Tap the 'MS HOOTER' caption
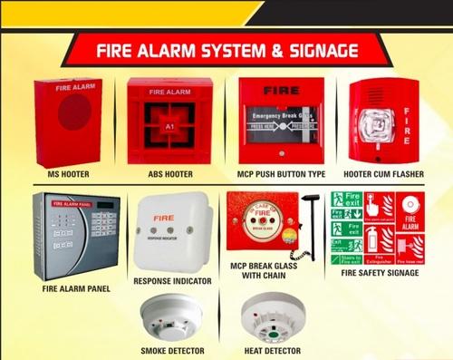click(x=68, y=173)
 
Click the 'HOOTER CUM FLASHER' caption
click(x=384, y=173)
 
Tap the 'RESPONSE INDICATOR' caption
click(x=172, y=281)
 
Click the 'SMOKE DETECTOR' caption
click(x=171, y=349)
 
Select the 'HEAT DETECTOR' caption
click(x=271, y=349)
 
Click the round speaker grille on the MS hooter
click(x=75, y=112)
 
